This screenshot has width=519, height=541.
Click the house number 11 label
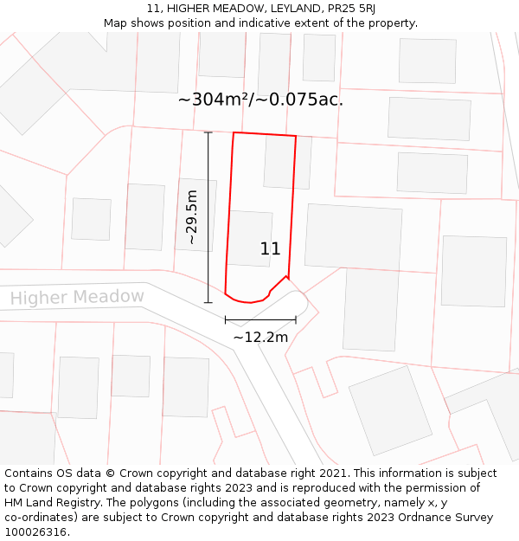pyautogui.click(x=270, y=249)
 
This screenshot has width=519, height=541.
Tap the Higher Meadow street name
pyautogui.click(x=77, y=298)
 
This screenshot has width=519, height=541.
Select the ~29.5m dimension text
pyautogui.click(x=192, y=217)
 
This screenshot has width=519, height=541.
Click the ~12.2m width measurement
pyautogui.click(x=260, y=337)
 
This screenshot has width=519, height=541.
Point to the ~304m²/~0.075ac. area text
pyautogui.click(x=260, y=100)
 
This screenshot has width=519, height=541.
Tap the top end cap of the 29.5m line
pyautogui.click(x=208, y=132)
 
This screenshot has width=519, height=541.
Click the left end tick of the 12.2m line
pyautogui.click(x=225, y=319)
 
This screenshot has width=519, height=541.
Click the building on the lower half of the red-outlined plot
pyautogui.click(x=250, y=237)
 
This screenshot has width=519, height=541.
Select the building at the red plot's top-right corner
pyautogui.click(x=285, y=162)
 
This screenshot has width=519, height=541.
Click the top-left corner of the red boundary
pyautogui.click(x=234, y=132)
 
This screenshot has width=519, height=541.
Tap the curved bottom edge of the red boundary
pyautogui.click(x=248, y=302)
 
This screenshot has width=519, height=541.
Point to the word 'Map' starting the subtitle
pyautogui.click(x=116, y=23)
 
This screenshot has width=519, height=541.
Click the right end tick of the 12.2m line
pyautogui.click(x=296, y=319)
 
